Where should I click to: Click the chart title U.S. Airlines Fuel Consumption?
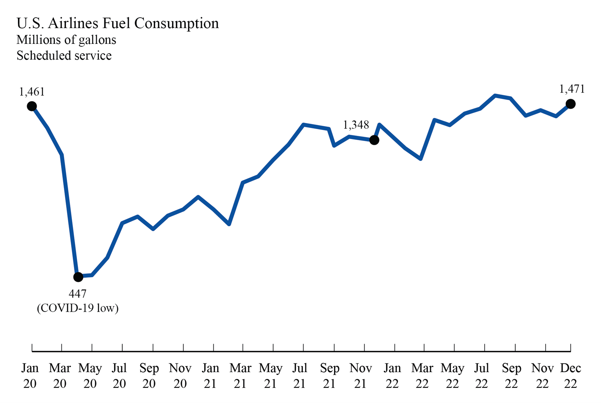coord(117,23)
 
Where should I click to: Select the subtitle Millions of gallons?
coord(66,40)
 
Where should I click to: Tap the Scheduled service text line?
coord(64,56)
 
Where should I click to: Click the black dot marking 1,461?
coord(32,106)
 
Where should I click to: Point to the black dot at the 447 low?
coord(78,277)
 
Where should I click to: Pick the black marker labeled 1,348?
coord(374,140)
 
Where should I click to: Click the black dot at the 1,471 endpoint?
coord(570,104)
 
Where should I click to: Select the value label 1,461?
coord(32,92)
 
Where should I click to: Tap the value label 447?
coord(78,294)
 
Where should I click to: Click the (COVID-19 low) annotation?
coord(78,308)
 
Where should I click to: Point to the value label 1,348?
coord(356,125)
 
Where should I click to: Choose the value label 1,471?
coord(572,89)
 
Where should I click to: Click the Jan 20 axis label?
coord(30,376)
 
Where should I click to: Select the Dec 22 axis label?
coord(570,376)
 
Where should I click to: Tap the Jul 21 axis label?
coord(299,376)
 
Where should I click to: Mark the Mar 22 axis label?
coord(422,376)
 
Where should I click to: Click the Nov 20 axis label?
coord(180,376)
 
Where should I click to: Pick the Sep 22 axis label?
coord(511,376)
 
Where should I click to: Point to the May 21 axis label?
coord(271,376)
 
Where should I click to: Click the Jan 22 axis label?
coord(392,376)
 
